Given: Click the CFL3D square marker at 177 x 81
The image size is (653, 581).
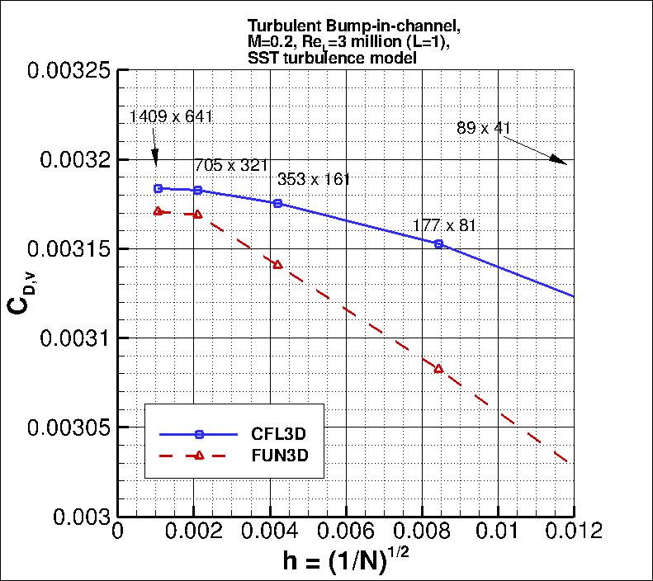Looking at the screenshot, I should pos(438,243).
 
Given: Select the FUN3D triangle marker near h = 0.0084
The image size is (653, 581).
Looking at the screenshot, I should pos(438,368).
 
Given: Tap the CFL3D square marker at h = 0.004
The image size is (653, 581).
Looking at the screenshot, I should pos(277,203).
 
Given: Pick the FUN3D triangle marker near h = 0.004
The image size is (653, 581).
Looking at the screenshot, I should pos(277,264).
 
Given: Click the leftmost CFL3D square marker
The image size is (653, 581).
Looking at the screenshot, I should pos(158,188).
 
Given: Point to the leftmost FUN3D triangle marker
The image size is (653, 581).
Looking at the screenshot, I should pos(158,210).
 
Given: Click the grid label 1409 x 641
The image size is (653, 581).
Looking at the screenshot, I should pos(172,116).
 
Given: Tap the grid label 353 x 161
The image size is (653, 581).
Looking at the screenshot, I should pos(314,179).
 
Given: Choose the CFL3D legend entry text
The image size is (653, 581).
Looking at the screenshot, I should pos(273,434).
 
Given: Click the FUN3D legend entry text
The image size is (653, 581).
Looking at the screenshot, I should pos(273,456).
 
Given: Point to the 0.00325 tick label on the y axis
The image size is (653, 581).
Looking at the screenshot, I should pos(70,70).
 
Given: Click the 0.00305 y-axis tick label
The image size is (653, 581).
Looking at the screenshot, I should pos(70,427).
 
